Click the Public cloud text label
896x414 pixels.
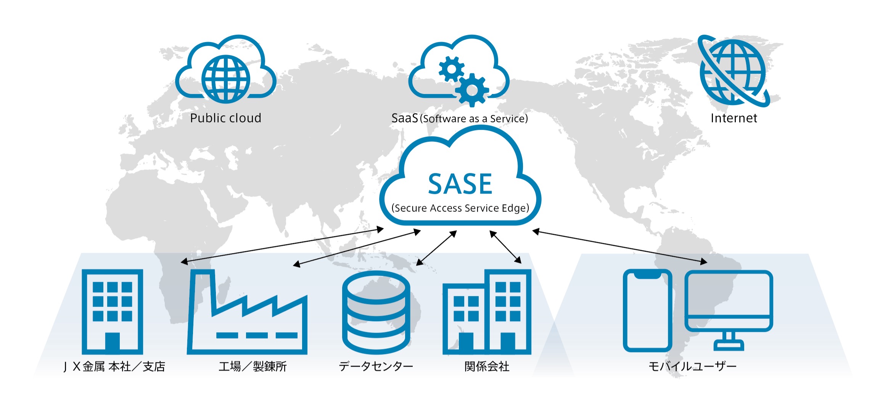pyautogui.click(x=225, y=118)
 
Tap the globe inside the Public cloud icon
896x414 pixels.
pyautogui.click(x=226, y=79)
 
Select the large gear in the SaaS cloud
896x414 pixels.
pyautogui.click(x=472, y=90)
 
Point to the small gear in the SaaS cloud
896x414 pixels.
pyautogui.click(x=452, y=69)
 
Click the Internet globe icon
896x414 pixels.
pyautogui.click(x=733, y=71)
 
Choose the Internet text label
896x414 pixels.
pyautogui.click(x=734, y=118)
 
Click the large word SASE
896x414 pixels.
pyautogui.click(x=460, y=184)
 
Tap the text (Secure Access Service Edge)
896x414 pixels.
pyautogui.click(x=460, y=208)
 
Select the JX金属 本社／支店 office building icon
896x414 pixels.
pyautogui.click(x=113, y=312)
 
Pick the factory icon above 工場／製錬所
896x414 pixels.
pyautogui.click(x=247, y=312)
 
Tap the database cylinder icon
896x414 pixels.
pyautogui.click(x=376, y=312)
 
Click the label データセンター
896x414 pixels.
pyautogui.click(x=376, y=367)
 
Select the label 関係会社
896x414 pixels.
pyautogui.click(x=487, y=367)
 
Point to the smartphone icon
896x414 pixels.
pyautogui.click(x=647, y=310)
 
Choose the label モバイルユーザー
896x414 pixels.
pyautogui.click(x=692, y=367)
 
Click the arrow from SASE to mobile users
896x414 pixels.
pyautogui.click(x=620, y=246)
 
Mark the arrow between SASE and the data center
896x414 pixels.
pyautogui.click(x=436, y=248)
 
